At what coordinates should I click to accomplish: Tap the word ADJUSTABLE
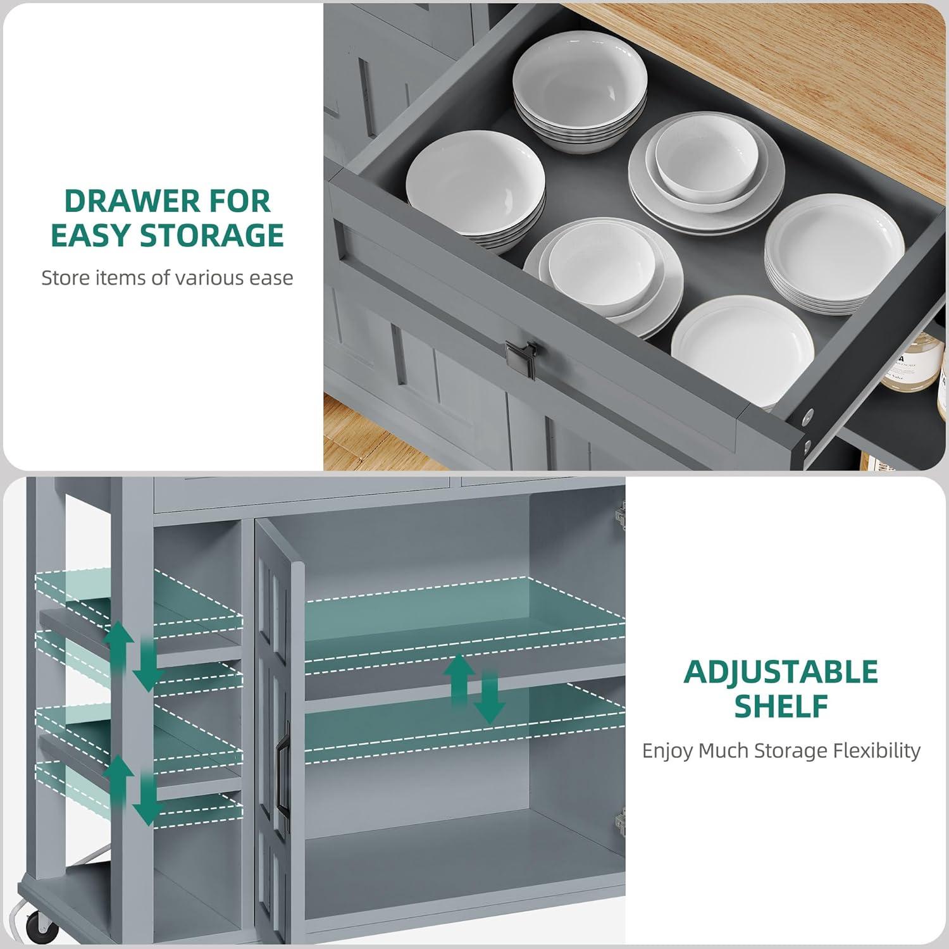click(781, 672)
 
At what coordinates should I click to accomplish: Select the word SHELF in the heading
click(781, 706)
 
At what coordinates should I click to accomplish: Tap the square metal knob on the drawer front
click(520, 358)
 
